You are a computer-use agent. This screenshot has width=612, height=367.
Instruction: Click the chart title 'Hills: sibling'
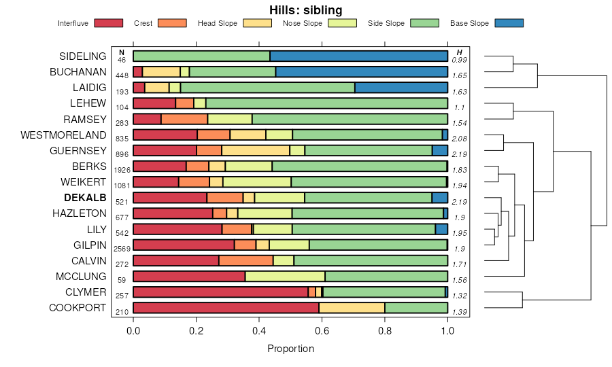[305, 10]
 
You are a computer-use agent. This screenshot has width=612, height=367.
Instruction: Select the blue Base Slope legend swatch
[509, 23]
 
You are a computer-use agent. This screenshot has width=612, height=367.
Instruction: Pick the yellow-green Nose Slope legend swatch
[342, 23]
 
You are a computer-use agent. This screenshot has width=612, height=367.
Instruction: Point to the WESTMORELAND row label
[64, 135]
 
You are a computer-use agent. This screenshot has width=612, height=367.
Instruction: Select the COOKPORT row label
[78, 308]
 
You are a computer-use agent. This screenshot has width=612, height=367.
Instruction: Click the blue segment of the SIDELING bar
[358, 56]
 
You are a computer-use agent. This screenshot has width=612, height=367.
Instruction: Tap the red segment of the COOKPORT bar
[226, 308]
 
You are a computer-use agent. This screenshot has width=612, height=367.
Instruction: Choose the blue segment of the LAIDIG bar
[401, 87]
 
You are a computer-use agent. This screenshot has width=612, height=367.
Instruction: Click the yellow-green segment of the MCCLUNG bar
[285, 277]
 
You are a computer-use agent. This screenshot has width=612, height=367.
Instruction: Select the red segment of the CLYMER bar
[220, 292]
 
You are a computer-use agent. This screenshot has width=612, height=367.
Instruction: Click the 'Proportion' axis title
[290, 349]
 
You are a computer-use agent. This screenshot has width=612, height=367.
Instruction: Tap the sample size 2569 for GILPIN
[122, 249]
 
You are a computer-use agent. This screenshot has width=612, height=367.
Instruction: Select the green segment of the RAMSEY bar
[350, 119]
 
